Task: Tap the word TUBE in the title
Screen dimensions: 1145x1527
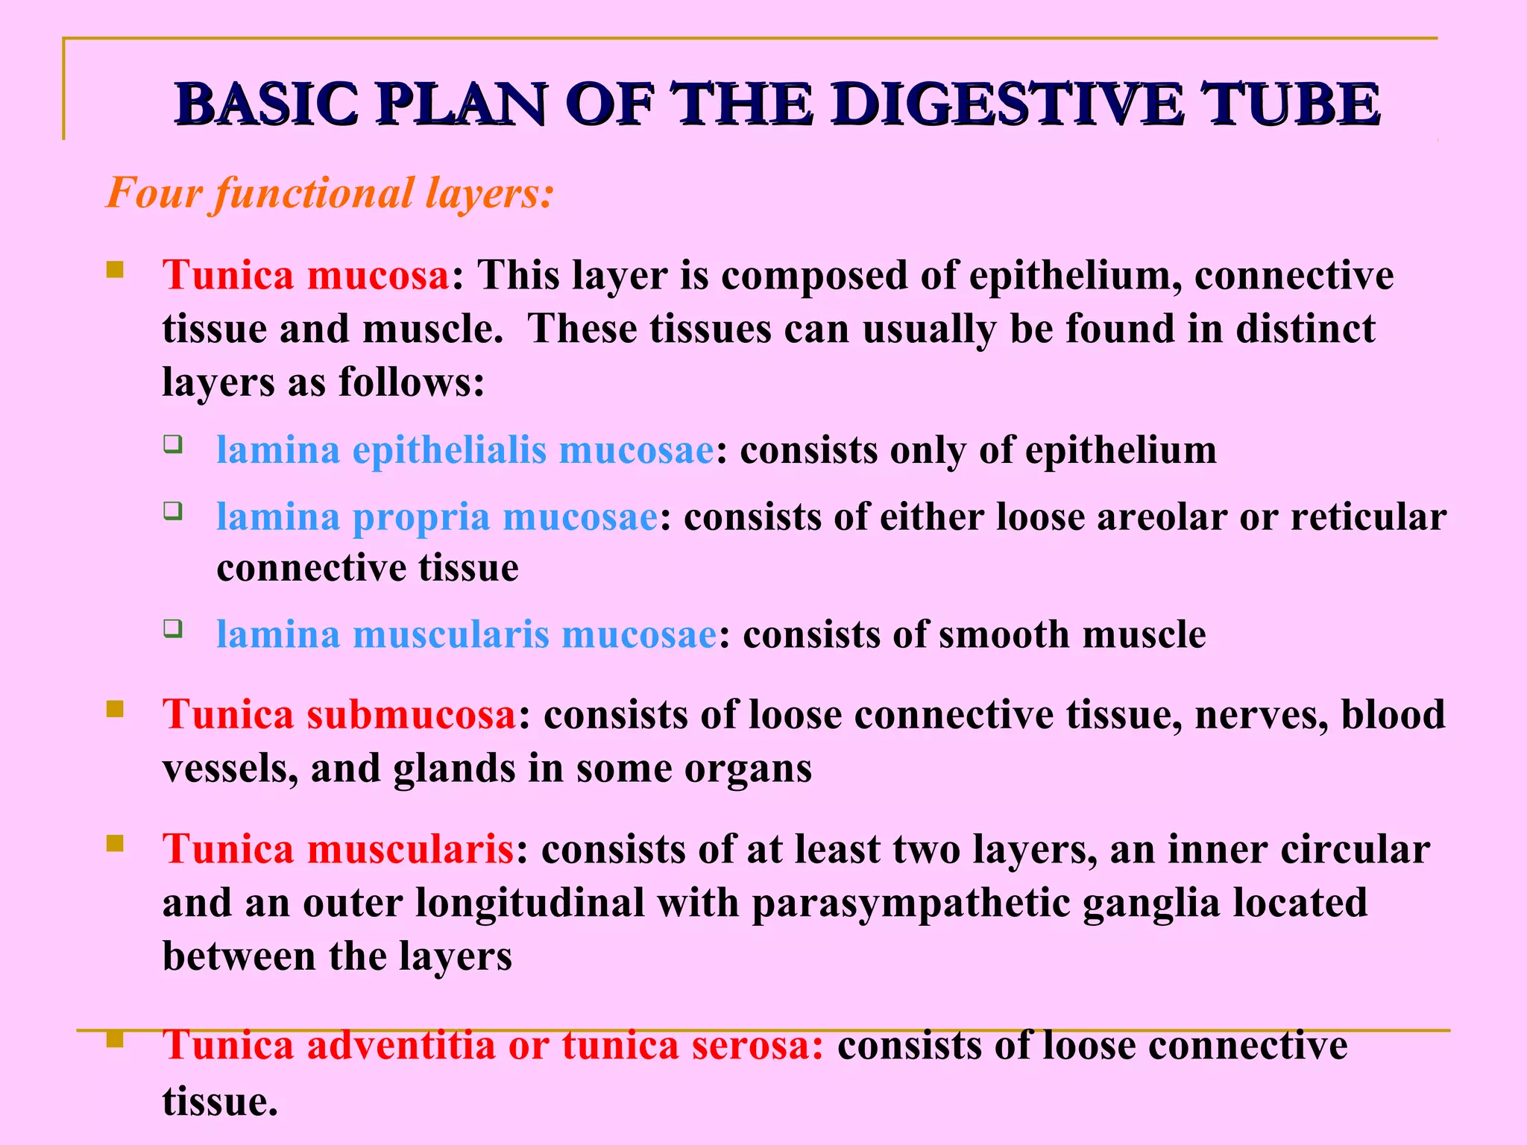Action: (x=1290, y=104)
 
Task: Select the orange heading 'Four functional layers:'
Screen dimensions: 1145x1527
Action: (x=330, y=194)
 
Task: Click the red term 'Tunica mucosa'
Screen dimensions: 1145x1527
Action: (x=306, y=275)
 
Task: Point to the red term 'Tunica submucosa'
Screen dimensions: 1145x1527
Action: (x=339, y=714)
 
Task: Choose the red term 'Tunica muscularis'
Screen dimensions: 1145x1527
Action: (x=338, y=849)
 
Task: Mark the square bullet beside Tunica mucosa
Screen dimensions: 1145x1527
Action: (x=114, y=268)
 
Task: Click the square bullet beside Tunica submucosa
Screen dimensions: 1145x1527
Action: (x=114, y=708)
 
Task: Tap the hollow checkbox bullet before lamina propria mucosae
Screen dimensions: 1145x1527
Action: (x=173, y=511)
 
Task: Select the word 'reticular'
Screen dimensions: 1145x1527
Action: (x=1368, y=517)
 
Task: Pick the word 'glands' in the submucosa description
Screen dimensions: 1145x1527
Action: (x=454, y=769)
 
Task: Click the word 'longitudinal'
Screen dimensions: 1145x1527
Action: (x=530, y=903)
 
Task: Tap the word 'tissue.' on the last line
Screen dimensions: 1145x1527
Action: (x=220, y=1102)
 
